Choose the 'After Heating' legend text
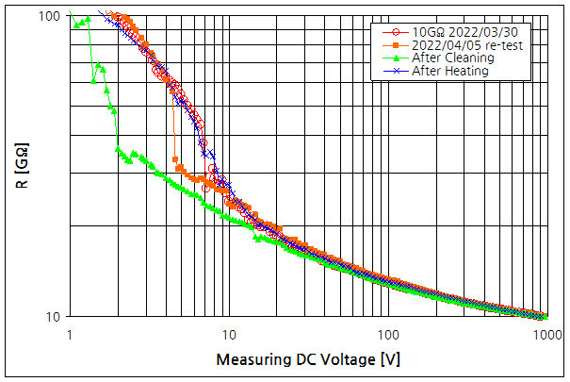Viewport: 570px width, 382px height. click(x=450, y=71)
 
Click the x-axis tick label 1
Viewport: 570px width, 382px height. click(x=70, y=334)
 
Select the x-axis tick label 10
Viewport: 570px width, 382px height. click(x=228, y=334)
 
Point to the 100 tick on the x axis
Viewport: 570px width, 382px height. click(x=387, y=334)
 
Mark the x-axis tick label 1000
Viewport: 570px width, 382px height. click(x=545, y=334)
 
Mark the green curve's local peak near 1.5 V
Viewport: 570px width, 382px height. click(x=100, y=66)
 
